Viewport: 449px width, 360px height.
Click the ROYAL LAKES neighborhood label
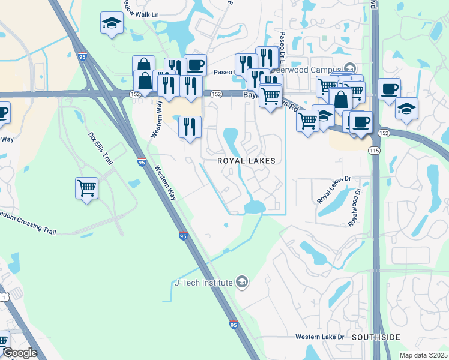246,161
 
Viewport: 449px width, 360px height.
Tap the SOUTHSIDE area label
375,337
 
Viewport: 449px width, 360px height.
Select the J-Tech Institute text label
203,283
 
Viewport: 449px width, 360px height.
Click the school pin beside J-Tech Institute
241,282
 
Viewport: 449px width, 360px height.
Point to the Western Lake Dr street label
319,337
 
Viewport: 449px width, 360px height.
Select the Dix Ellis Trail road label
100,149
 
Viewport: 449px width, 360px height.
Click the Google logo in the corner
20,353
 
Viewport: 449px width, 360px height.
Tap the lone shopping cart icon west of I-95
86,188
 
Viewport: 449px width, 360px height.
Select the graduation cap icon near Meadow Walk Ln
112,23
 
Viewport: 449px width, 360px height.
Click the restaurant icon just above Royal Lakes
190,127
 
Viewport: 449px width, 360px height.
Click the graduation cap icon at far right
406,109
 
